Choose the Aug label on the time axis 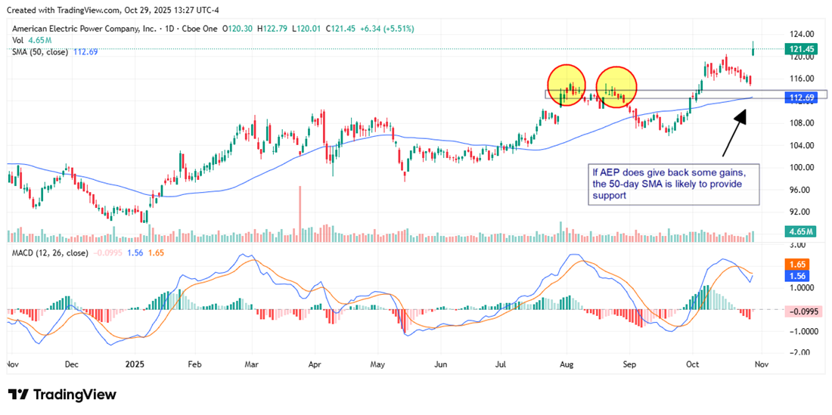[x=567, y=363]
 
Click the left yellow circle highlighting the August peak [x=567, y=85]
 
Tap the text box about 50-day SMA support [x=673, y=184]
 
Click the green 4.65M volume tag [x=799, y=232]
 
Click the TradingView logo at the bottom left [x=62, y=395]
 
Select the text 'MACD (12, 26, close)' [x=49, y=252]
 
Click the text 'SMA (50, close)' [x=39, y=51]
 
